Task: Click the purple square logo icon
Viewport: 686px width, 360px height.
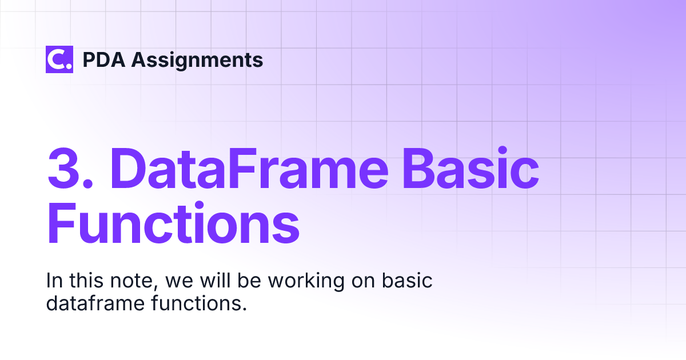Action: [x=59, y=59]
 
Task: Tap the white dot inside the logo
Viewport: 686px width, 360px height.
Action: [x=69, y=67]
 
